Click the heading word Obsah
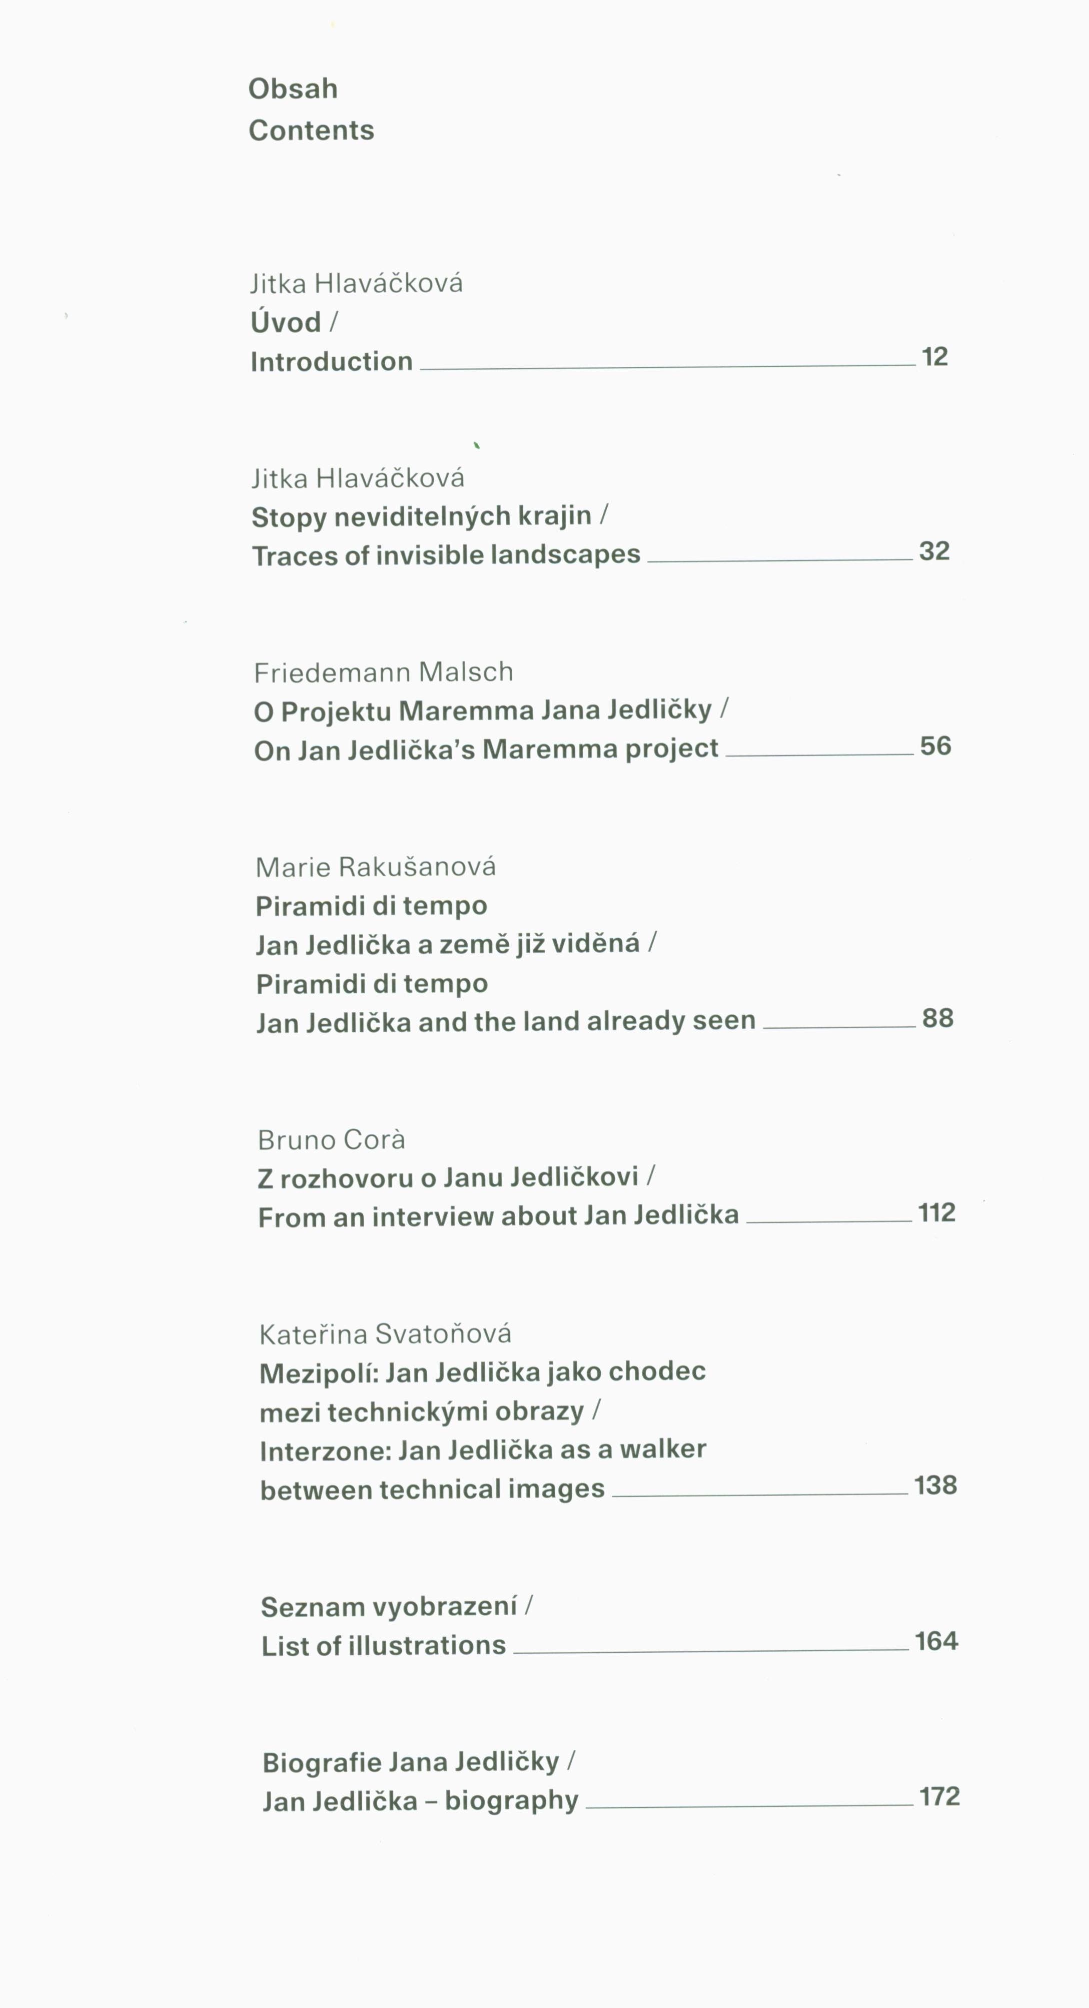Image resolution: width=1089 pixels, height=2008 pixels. (292, 89)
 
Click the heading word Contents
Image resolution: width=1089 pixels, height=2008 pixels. (311, 130)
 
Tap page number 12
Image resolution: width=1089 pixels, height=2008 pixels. (934, 357)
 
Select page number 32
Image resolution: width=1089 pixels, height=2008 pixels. (934, 551)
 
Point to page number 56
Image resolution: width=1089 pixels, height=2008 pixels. (935, 746)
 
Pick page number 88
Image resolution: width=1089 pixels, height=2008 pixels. (938, 1018)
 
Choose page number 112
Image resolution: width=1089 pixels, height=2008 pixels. (936, 1213)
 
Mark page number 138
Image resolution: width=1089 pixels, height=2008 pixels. (935, 1485)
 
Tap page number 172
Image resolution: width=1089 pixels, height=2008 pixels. (939, 1797)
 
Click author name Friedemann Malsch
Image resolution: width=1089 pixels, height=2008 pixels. (384, 673)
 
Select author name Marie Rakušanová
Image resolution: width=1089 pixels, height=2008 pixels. (376, 867)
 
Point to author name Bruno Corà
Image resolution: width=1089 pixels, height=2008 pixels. (331, 1140)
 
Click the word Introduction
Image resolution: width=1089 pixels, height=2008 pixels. (331, 362)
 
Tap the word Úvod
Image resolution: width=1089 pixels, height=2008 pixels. (285, 322)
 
